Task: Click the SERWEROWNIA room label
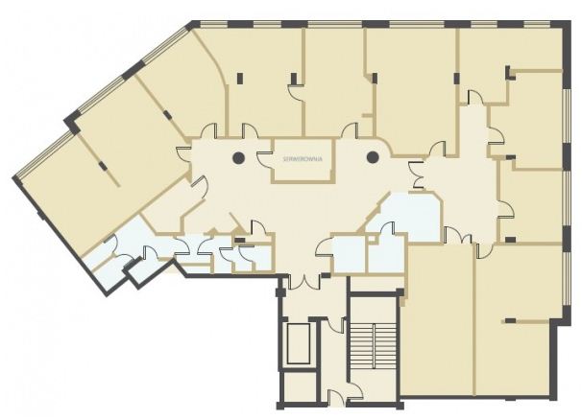303,159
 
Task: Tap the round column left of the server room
239,158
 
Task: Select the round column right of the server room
373,157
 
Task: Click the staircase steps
373,341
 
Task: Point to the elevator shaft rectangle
299,344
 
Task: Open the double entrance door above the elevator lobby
303,282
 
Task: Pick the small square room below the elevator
300,386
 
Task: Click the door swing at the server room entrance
265,159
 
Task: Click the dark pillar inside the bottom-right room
510,320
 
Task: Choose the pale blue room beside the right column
408,216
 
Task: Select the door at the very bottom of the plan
338,399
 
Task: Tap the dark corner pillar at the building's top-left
192,25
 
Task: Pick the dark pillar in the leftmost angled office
103,166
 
